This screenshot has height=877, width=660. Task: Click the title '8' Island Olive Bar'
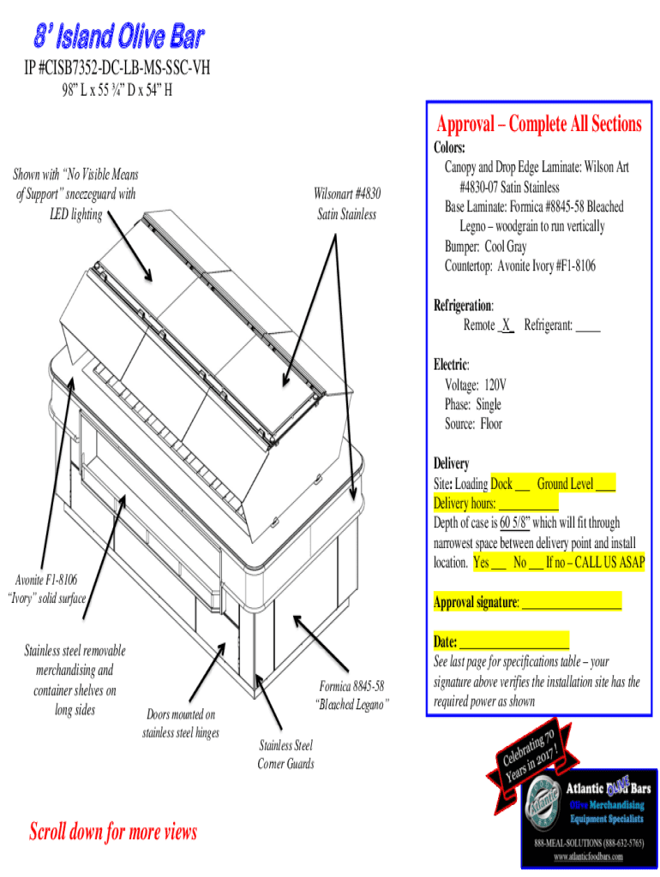tap(118, 37)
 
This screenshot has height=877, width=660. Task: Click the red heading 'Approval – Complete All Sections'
tap(538, 124)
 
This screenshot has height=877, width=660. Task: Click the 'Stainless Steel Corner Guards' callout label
tap(285, 755)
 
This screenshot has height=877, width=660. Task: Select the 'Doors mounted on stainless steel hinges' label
tap(181, 724)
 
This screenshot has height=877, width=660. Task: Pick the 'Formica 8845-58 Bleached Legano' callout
tap(351, 695)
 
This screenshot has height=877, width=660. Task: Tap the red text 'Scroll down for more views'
tap(113, 831)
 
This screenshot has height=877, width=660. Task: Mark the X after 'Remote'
tap(507, 325)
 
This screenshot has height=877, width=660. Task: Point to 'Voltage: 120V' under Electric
tap(475, 385)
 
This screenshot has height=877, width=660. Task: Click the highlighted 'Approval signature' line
tap(527, 602)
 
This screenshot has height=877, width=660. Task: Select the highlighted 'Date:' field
tap(501, 642)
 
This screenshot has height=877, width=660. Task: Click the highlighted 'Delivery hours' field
tap(495, 503)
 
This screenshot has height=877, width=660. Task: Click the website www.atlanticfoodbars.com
tap(588, 856)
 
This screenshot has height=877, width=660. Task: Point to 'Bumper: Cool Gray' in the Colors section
tap(485, 247)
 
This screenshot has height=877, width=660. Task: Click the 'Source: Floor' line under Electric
tap(473, 424)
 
